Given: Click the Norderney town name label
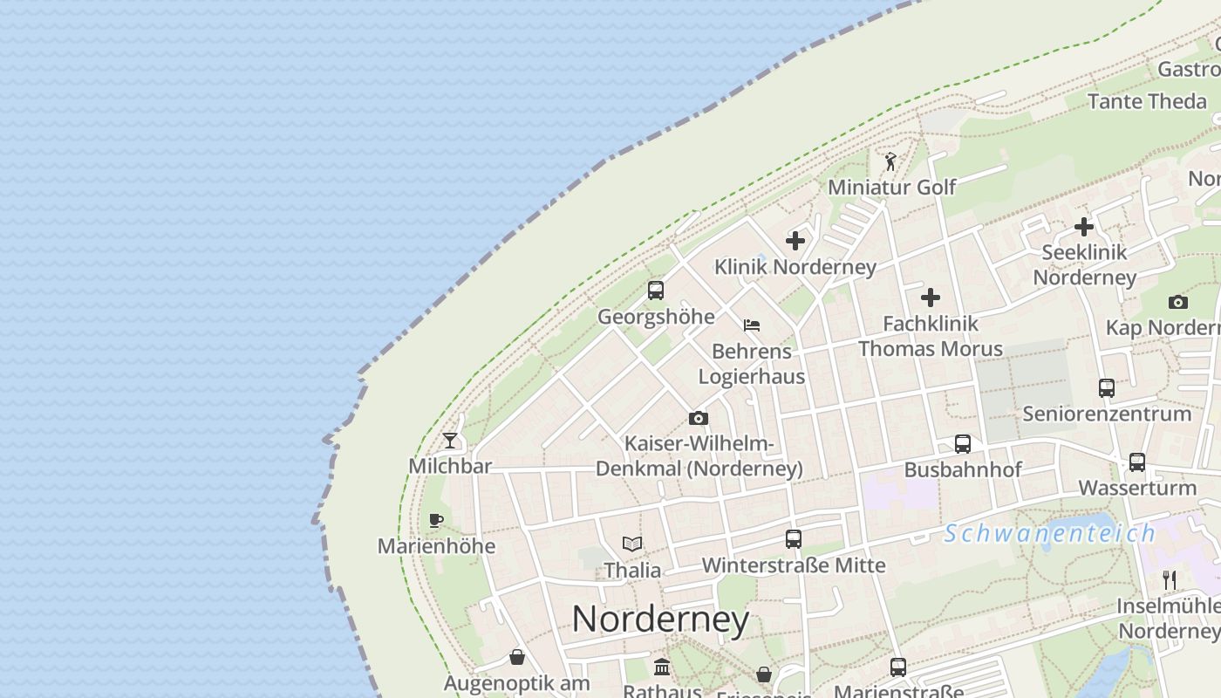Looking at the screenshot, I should tap(660, 619).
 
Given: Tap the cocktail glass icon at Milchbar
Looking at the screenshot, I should tap(450, 441).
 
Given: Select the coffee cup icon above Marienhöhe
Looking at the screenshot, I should tap(436, 521).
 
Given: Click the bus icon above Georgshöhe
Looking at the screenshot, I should tap(656, 291).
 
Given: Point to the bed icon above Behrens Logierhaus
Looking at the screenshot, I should tap(752, 325).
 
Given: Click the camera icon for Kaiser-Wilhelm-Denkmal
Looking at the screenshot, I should tap(699, 418).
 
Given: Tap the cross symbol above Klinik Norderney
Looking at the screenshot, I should tap(795, 240).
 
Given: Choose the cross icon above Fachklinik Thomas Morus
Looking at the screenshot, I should tap(931, 298).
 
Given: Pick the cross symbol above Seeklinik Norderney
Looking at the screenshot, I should tap(1084, 227).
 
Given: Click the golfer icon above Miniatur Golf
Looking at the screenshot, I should tap(890, 161).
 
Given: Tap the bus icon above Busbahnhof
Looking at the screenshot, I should tap(963, 444).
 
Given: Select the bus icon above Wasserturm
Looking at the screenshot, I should tap(1137, 462).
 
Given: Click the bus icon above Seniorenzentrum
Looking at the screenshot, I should tap(1107, 388).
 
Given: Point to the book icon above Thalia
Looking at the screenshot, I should tap(632, 544).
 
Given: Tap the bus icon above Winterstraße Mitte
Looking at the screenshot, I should tap(794, 539).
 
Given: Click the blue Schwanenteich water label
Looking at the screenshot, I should tap(1050, 533).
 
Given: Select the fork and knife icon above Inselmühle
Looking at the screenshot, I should tap(1170, 579).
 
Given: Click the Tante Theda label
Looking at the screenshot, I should tap(1147, 101).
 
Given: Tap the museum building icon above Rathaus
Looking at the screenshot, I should tap(662, 667).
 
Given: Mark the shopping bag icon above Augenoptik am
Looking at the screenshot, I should tap(517, 657).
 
